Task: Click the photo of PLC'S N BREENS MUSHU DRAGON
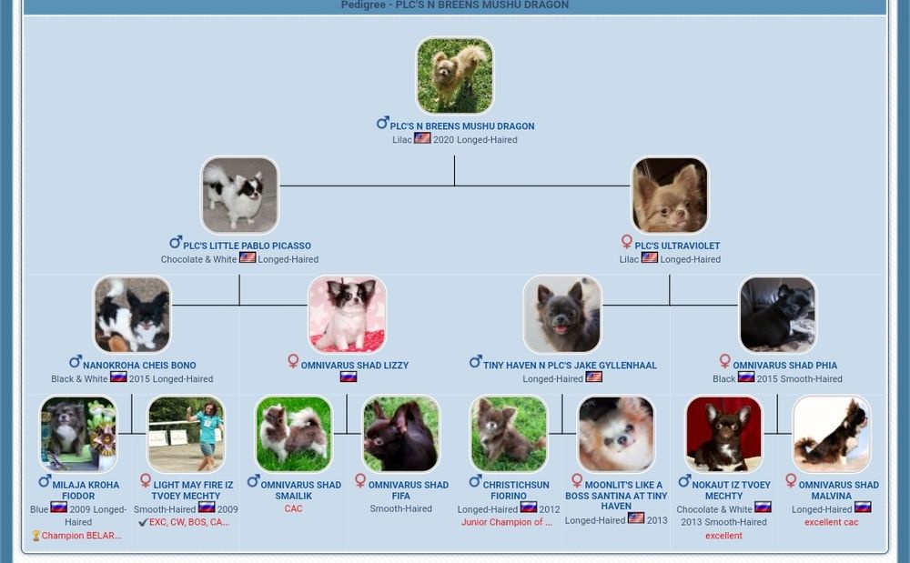[x=455, y=75]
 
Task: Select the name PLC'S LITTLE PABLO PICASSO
[x=248, y=246]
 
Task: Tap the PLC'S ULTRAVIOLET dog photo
[x=670, y=196]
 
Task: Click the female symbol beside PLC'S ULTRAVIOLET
[x=626, y=241]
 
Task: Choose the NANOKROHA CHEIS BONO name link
[x=139, y=366]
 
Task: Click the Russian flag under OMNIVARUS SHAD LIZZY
[x=349, y=377]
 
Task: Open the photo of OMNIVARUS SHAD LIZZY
[x=347, y=315]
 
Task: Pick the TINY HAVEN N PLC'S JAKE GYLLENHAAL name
[x=570, y=366]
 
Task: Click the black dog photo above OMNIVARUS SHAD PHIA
[x=778, y=315]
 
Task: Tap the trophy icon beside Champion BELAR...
[x=36, y=536]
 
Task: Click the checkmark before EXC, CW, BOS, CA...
[x=143, y=522]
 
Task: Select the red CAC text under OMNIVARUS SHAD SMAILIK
[x=294, y=508]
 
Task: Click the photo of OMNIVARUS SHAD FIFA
[x=401, y=434]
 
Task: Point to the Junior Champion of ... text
[x=507, y=522]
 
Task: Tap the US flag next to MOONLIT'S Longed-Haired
[x=636, y=518]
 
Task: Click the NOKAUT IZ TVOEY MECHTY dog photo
[x=723, y=434]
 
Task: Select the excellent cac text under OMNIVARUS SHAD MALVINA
[x=831, y=522]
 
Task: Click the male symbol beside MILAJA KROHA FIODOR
[x=45, y=480]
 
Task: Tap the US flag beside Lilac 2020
[x=422, y=138]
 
